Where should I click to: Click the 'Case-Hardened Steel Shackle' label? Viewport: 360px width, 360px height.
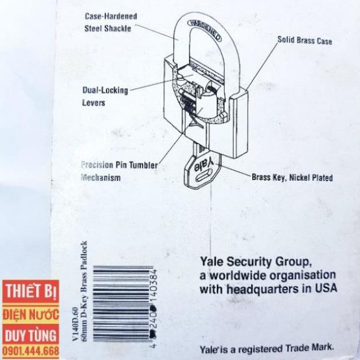[x=111, y=22]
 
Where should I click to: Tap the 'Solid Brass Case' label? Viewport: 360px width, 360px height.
[x=304, y=41]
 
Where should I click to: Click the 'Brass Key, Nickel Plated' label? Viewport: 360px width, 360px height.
[x=292, y=178]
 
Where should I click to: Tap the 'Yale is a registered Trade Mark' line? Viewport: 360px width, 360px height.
[x=267, y=348]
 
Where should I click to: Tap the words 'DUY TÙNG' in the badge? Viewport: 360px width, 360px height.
[x=30, y=335]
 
